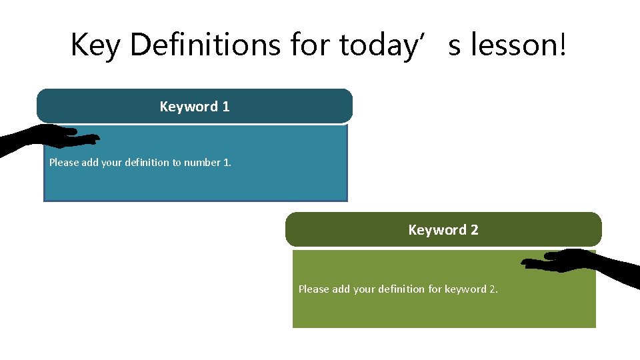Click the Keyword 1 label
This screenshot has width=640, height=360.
coord(195,107)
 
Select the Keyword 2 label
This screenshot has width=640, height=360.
coord(443,230)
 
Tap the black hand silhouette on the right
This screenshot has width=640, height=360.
coord(587,264)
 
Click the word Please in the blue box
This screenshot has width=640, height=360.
coord(64,163)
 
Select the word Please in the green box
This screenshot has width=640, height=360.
coord(313,289)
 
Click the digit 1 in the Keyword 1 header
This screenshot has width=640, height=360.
coord(226,107)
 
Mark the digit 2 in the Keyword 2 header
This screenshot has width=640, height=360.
coord(474,230)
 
